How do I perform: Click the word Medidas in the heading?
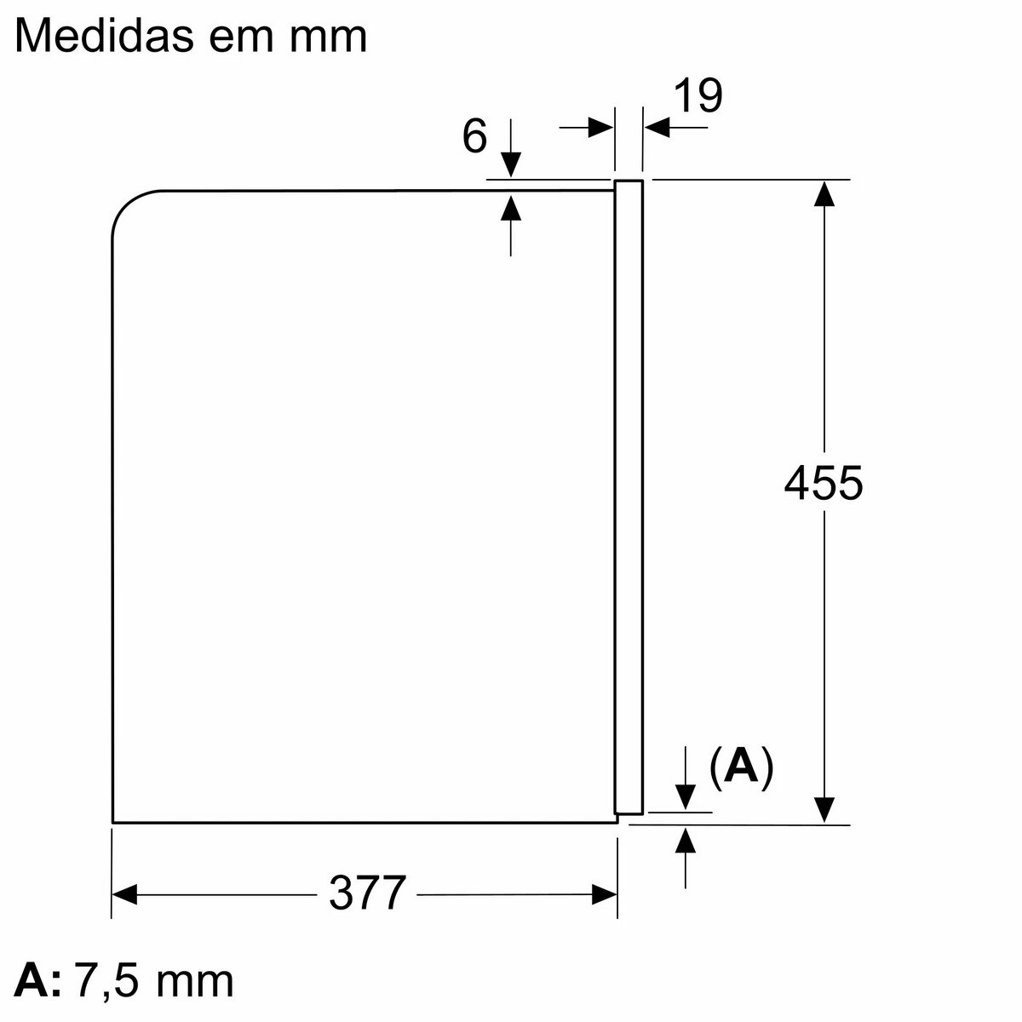pyautogui.click(x=105, y=36)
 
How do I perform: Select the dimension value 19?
pyautogui.click(x=698, y=95)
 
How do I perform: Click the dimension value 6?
pyautogui.click(x=474, y=136)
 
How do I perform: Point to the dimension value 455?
pyautogui.click(x=823, y=483)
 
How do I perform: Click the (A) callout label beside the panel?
pyautogui.click(x=742, y=767)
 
